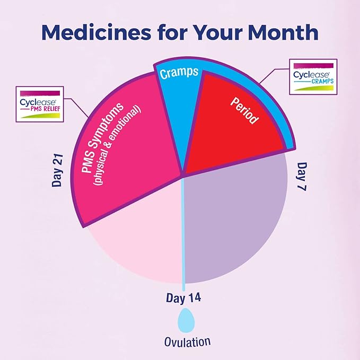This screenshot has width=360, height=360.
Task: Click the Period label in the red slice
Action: (244, 111)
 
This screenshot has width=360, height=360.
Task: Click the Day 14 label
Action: (185, 297)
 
